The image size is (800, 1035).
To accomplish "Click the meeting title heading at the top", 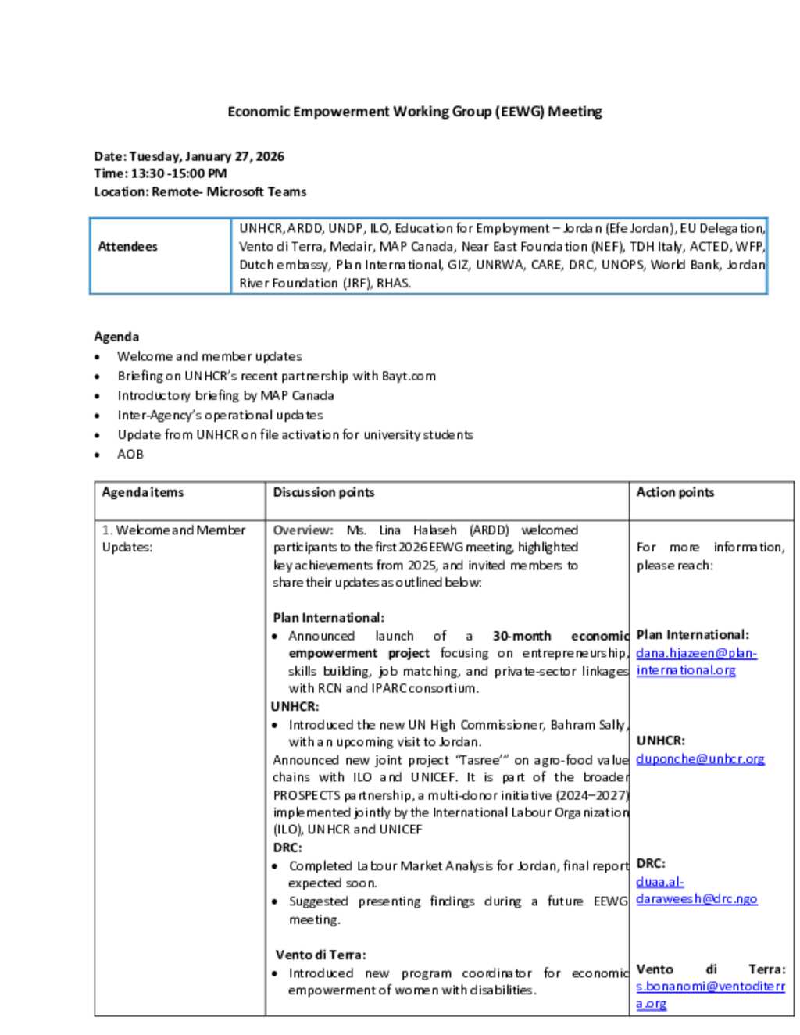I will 414,112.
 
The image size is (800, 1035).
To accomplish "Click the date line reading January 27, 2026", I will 189,156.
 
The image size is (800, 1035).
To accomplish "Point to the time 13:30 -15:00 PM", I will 160,173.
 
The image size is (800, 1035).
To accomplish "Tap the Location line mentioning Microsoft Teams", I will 200,191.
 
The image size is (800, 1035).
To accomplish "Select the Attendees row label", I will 127,247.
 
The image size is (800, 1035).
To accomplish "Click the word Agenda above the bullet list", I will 116,337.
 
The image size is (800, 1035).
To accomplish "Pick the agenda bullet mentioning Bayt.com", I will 277,376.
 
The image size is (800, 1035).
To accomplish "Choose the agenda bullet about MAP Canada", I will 225,395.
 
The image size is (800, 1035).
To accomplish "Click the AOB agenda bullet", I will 130,454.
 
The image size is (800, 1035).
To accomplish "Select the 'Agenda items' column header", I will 142,492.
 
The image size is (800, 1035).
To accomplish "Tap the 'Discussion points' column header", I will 323,492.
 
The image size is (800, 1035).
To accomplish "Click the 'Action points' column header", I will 675,492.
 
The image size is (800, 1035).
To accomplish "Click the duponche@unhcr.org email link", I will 700,758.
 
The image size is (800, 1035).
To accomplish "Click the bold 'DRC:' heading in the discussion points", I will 287,848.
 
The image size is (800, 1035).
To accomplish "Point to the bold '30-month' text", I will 521,636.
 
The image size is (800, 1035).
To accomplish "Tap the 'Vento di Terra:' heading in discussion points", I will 320,955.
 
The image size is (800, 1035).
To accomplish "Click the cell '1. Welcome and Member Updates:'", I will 173,538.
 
